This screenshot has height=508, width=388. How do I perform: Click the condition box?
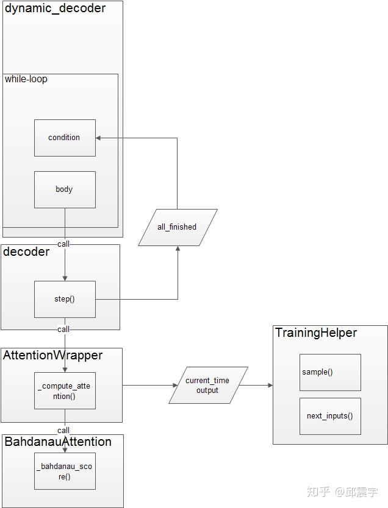tap(65, 138)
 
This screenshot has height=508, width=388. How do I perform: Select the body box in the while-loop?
tap(65, 189)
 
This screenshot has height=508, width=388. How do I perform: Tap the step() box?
tap(65, 299)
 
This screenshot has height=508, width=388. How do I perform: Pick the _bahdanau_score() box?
tap(65, 471)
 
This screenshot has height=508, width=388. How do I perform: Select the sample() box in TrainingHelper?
tap(329, 372)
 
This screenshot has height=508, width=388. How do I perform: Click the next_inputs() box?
tap(329, 416)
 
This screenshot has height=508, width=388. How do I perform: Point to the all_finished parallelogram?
tap(177, 227)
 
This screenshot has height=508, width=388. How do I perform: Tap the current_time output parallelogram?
tap(207, 385)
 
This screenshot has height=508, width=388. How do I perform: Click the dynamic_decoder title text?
tap(55, 9)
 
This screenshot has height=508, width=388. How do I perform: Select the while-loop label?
tap(26, 79)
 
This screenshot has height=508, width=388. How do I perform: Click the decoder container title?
tap(27, 252)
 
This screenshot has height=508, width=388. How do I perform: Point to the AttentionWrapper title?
tap(52, 355)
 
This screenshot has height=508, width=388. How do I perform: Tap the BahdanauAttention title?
tap(58, 442)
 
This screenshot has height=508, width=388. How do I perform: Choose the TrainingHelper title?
tap(316, 333)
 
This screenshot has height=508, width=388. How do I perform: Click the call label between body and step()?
tap(63, 244)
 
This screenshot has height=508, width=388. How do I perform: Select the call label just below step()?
tap(63, 329)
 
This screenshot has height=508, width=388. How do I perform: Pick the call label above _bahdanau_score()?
tap(63, 430)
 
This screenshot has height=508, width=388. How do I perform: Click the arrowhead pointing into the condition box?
tap(99, 138)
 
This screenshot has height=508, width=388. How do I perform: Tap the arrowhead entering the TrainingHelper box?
tap(269, 385)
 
